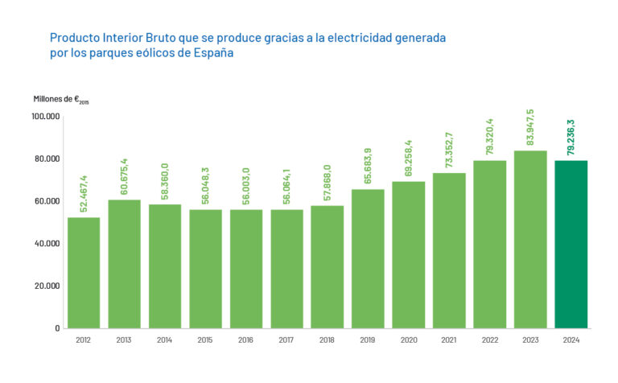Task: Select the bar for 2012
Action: (84, 273)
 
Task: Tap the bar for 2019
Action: (368, 258)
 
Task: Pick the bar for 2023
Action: (530, 239)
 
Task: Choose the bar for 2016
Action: (245, 269)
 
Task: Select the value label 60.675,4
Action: (124, 175)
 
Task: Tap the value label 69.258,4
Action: (408, 157)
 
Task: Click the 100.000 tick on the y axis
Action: (45, 117)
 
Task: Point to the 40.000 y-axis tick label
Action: (47, 244)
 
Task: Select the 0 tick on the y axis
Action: (57, 328)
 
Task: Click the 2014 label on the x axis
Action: (164, 340)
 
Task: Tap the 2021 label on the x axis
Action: (448, 340)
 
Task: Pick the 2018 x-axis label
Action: (327, 340)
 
